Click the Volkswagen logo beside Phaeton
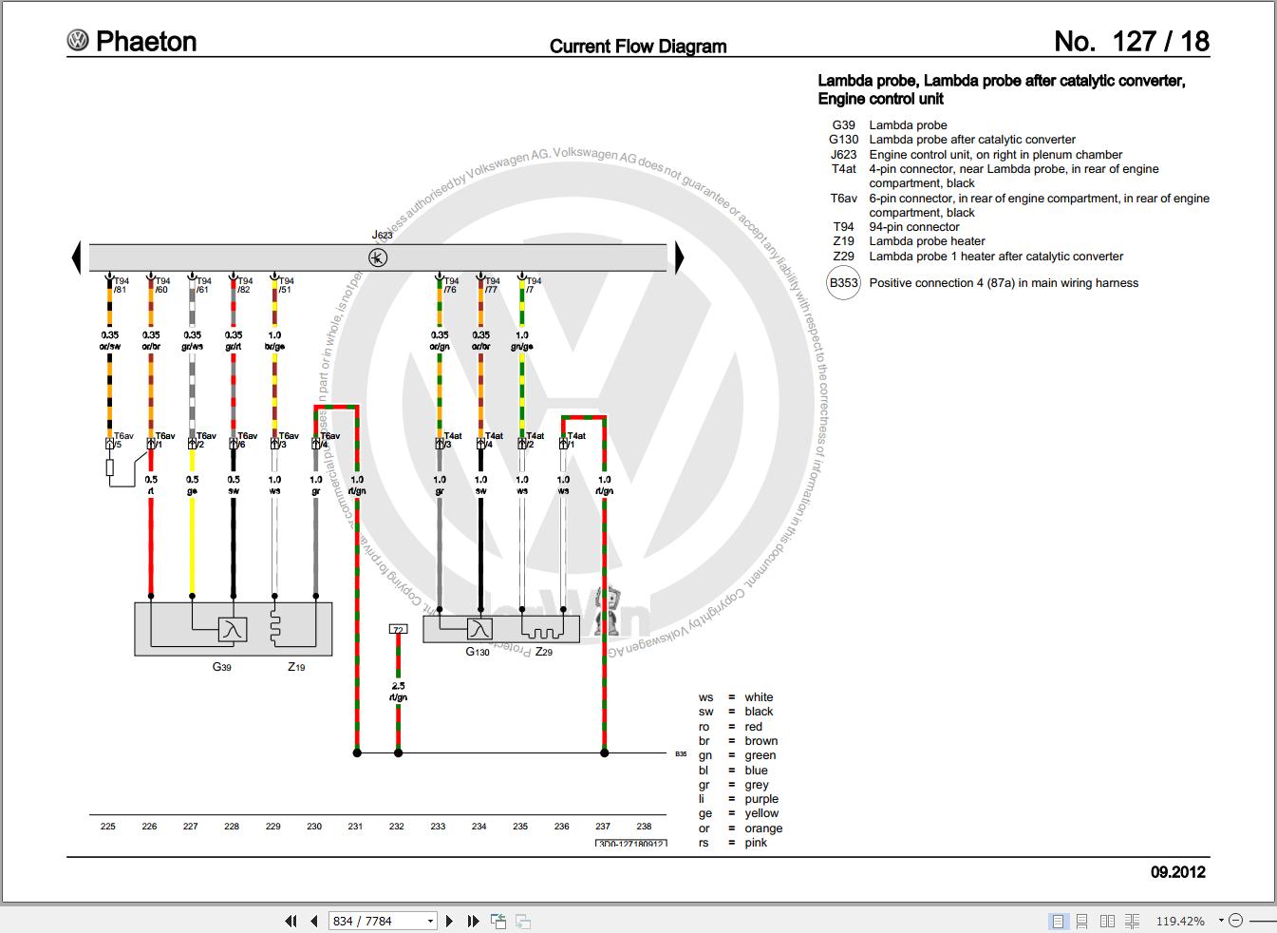(x=77, y=40)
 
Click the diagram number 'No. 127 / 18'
(x=1132, y=41)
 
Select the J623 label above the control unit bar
(x=382, y=235)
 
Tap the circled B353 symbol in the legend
(x=843, y=282)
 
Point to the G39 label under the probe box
(x=221, y=667)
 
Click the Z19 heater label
(x=297, y=667)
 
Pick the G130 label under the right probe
(x=478, y=652)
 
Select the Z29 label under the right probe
(x=543, y=652)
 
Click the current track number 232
(x=397, y=826)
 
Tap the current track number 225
(x=108, y=826)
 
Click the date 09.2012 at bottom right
(x=1178, y=872)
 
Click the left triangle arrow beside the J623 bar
(x=77, y=257)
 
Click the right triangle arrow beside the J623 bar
(x=679, y=257)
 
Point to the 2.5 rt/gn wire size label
(x=398, y=692)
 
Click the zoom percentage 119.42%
(x=1180, y=921)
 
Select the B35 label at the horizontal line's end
(x=681, y=753)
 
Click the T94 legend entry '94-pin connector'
(x=913, y=226)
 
